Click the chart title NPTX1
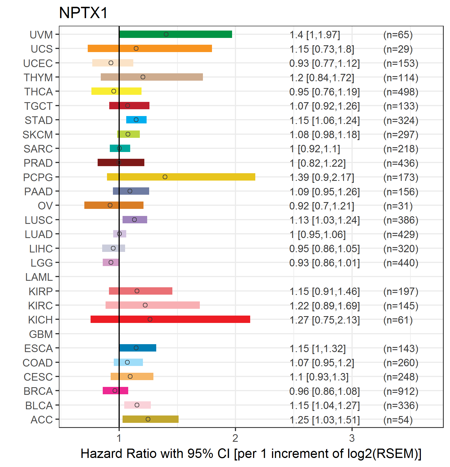[83, 13]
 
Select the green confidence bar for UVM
[175, 34]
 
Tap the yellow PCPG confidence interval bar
[181, 177]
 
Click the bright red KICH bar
[170, 319]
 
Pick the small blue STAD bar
[136, 120]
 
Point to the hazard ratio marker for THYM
[143, 77]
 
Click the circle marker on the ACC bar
[148, 419]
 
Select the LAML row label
[39, 277]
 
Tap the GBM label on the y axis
[41, 334]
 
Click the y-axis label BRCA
[38, 391]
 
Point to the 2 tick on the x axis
[235, 438]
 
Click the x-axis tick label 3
[352, 438]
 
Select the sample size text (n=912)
[401, 391]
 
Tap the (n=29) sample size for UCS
[398, 49]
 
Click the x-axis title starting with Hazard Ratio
[251, 453]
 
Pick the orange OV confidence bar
[114, 205]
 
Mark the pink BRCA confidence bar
[115, 391]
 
